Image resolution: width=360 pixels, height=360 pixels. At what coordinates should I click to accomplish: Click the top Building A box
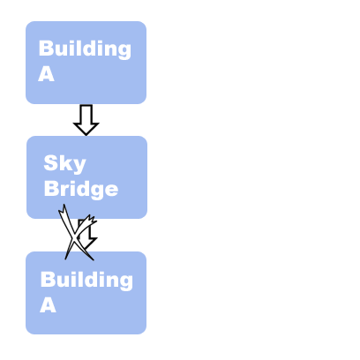click(x=86, y=63)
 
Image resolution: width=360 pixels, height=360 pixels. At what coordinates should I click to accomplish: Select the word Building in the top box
click(x=85, y=49)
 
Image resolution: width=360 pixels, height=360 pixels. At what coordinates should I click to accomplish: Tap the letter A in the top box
click(x=47, y=73)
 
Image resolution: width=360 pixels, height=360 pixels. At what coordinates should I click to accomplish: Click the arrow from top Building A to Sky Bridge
click(x=86, y=120)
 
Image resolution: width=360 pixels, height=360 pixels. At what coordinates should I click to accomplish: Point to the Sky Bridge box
click(x=86, y=177)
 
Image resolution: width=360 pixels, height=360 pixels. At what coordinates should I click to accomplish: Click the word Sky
click(x=64, y=163)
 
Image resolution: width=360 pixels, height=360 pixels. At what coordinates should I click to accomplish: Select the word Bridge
click(x=81, y=189)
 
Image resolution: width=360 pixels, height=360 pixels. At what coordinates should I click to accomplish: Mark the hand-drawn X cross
click(x=78, y=233)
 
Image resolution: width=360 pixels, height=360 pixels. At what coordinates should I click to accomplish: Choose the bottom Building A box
click(x=86, y=293)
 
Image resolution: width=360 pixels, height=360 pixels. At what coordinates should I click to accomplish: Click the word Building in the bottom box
click(x=86, y=280)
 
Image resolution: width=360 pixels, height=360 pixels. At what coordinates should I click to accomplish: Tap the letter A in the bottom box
click(x=48, y=305)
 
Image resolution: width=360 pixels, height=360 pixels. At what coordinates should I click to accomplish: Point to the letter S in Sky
click(x=50, y=162)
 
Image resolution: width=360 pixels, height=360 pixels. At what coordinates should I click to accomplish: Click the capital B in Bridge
click(x=51, y=188)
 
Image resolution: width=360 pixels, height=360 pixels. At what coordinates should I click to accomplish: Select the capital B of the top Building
click(x=46, y=48)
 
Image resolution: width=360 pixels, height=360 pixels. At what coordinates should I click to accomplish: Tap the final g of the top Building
click(x=124, y=51)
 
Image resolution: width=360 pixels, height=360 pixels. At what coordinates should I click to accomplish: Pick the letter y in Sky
click(x=79, y=166)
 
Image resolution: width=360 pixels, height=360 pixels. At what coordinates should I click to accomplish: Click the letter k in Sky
click(x=64, y=162)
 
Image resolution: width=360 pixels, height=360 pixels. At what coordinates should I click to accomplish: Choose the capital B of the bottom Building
click(x=48, y=279)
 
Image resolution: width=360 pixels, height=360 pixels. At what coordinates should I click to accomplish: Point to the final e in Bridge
click(x=111, y=190)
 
